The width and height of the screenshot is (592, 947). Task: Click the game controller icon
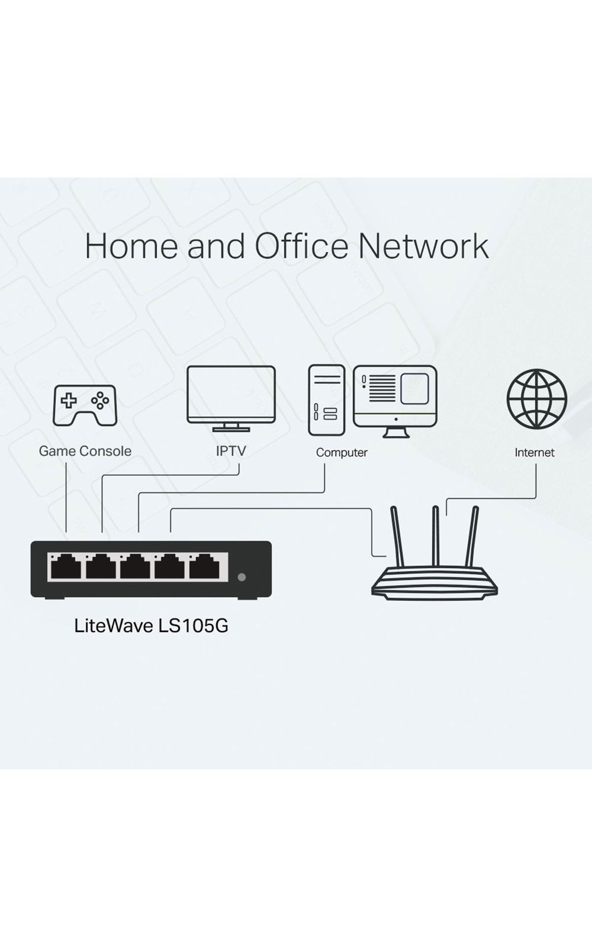85,405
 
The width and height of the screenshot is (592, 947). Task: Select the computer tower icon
326,400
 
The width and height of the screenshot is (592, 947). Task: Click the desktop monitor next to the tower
395,397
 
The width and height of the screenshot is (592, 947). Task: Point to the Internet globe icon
536,398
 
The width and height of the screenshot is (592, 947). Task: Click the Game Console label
85,451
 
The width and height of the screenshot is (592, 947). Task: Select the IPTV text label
231,451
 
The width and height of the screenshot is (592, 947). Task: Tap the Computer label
342,453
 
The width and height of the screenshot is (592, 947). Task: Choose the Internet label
535,453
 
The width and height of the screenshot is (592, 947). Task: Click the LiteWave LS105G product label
151,626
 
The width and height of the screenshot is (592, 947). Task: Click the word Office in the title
301,246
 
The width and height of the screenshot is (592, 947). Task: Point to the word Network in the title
423,246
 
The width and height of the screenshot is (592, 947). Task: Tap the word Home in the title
131,246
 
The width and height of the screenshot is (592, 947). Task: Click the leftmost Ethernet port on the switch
66,567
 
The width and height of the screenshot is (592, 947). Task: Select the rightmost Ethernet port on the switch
205,567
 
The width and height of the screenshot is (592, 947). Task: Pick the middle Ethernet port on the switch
136,567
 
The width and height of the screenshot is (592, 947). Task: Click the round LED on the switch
241,577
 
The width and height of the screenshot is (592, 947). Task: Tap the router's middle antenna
435,536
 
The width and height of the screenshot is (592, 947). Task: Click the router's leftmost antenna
397,536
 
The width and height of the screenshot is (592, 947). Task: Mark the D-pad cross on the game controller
69,401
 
